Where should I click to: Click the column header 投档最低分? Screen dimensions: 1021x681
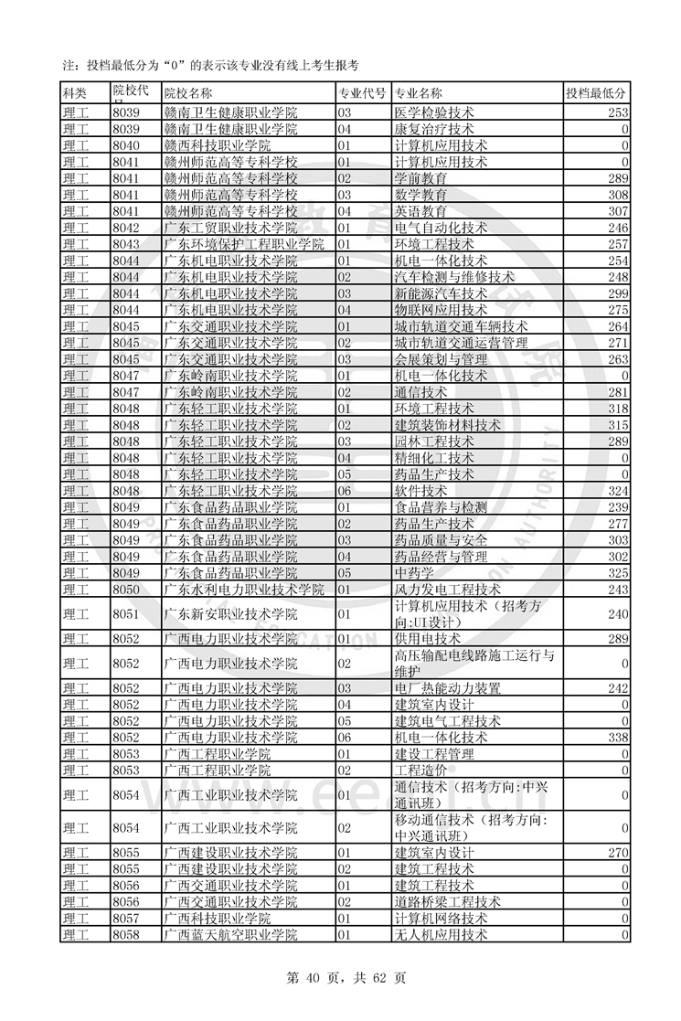click(x=596, y=93)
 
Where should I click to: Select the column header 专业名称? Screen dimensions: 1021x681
click(x=419, y=93)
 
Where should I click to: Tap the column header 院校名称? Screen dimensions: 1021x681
click(x=188, y=93)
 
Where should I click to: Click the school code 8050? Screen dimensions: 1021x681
click(x=125, y=590)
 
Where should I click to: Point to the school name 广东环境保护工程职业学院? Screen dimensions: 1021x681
click(x=244, y=244)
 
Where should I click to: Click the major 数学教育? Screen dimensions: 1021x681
click(x=420, y=195)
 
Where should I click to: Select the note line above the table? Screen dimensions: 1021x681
click(x=210, y=65)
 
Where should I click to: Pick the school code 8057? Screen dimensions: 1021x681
click(x=125, y=919)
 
